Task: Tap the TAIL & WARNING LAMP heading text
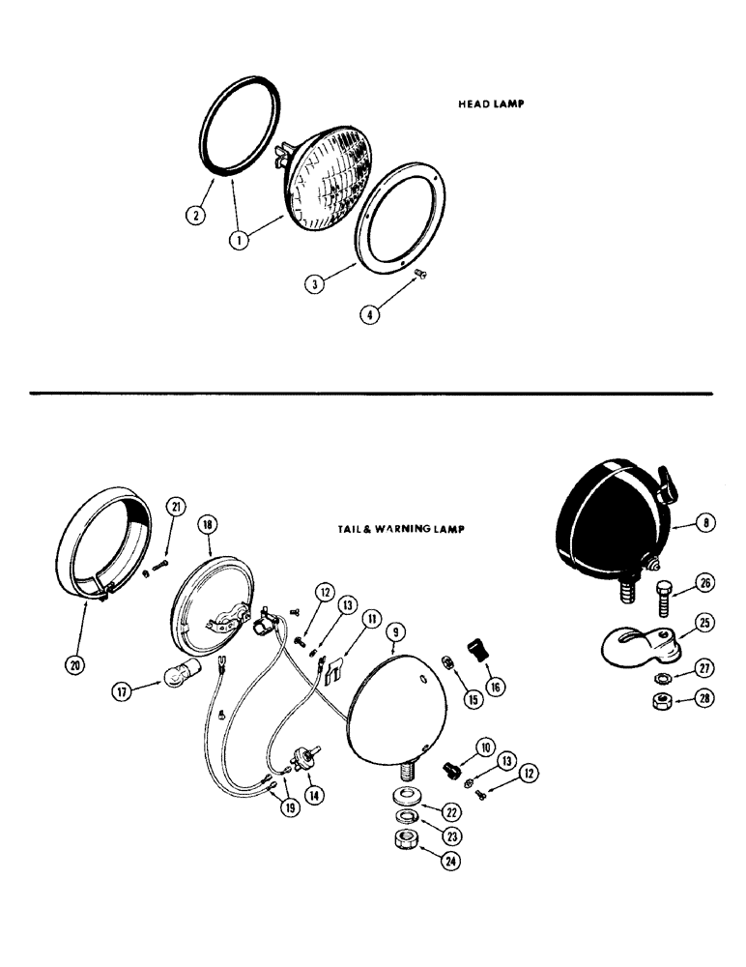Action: pos(396,529)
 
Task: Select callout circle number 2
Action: pos(197,215)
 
